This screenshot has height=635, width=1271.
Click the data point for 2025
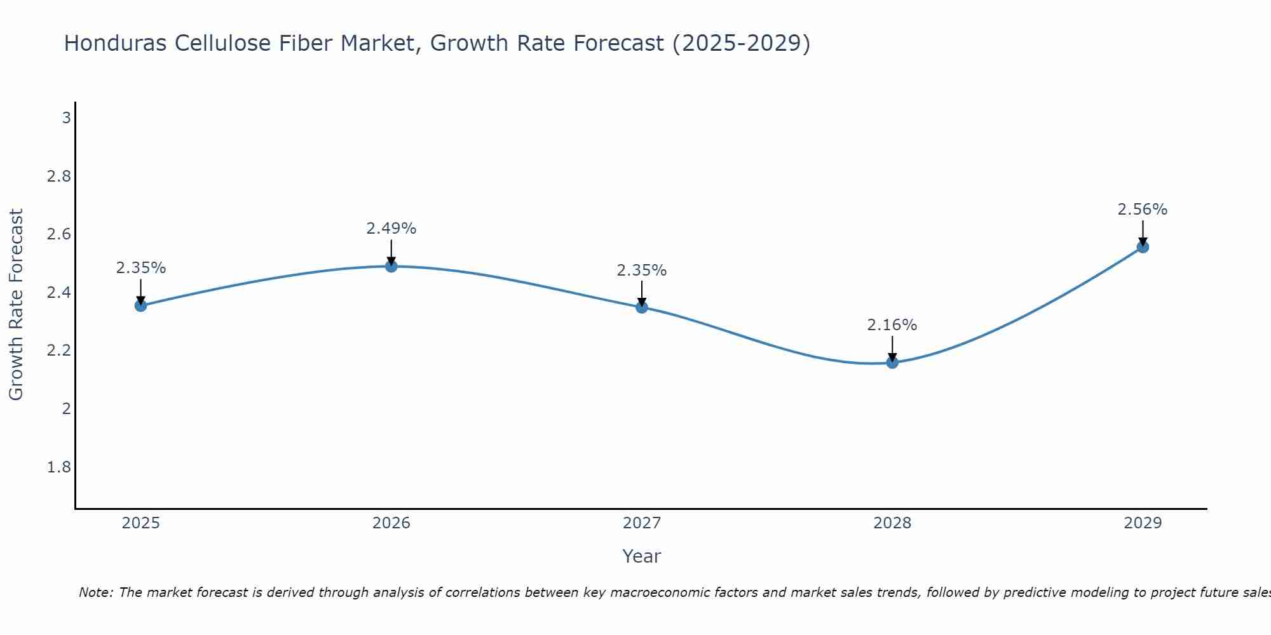[x=140, y=305]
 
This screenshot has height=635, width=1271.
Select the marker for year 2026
[x=391, y=266]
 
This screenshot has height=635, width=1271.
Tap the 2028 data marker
[x=892, y=363]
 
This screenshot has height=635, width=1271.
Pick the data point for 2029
[x=1143, y=247]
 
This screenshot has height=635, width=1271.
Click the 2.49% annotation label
[x=391, y=229]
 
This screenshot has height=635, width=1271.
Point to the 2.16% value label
[x=892, y=325]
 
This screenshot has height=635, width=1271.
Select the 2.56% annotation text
[x=1143, y=210]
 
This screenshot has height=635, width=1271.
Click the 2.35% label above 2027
[x=642, y=271]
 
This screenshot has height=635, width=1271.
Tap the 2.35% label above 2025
[x=140, y=268]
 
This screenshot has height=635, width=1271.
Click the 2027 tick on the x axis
[x=642, y=523]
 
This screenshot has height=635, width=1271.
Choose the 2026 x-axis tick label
[x=391, y=523]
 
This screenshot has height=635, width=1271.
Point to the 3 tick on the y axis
[x=66, y=118]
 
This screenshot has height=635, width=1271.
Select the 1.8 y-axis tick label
[x=59, y=467]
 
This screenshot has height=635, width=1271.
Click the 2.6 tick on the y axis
[x=59, y=234]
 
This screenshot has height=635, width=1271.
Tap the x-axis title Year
[x=642, y=556]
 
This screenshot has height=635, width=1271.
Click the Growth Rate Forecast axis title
[x=17, y=305]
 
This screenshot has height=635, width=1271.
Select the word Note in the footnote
[x=95, y=592]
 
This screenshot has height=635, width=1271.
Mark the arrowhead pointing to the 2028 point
[x=892, y=357]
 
